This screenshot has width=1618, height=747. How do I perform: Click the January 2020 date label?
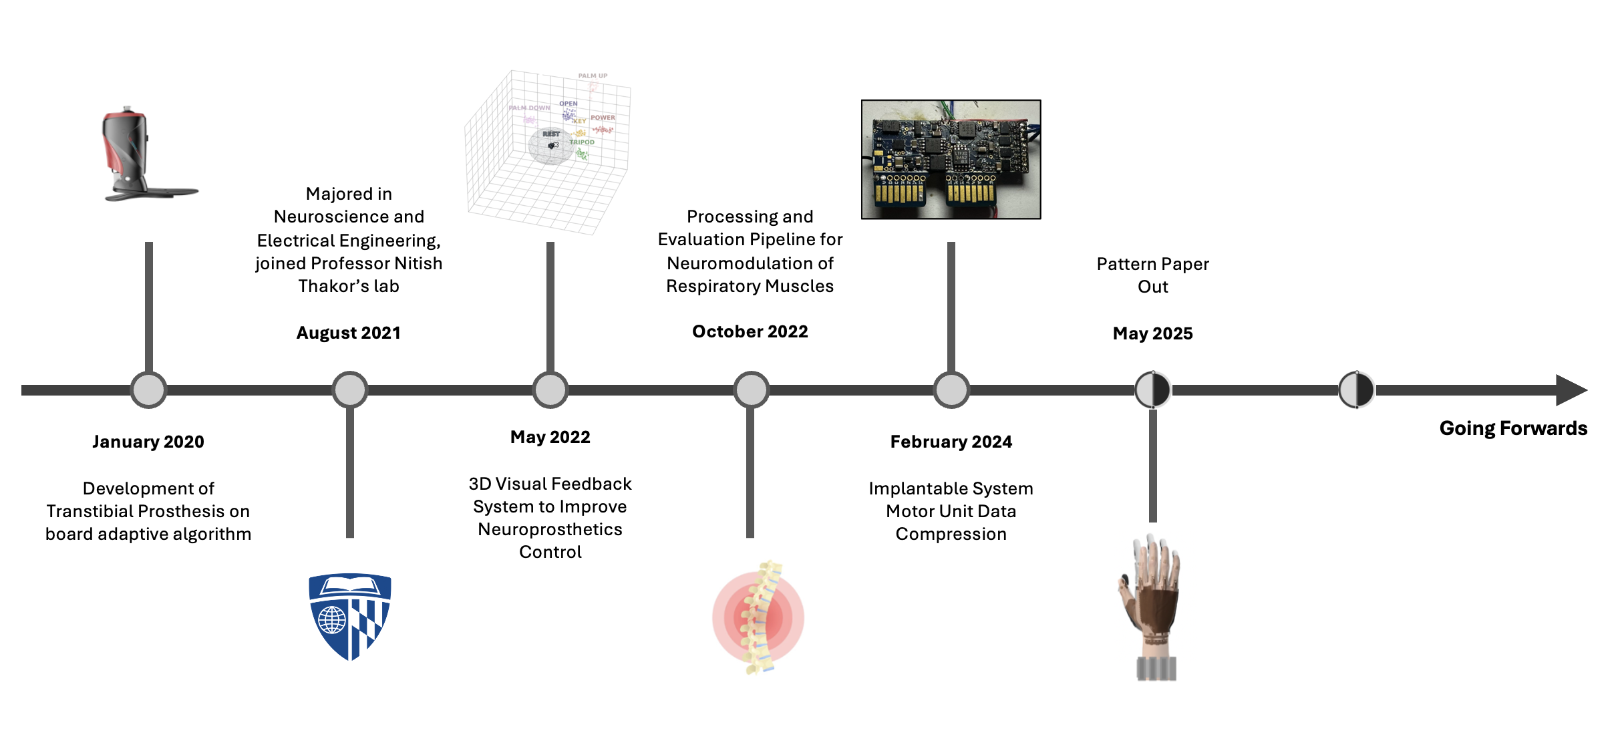point(148,442)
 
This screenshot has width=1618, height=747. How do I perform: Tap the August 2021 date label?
point(348,333)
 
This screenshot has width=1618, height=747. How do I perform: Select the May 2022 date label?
point(550,437)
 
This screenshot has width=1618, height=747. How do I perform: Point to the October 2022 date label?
point(750,331)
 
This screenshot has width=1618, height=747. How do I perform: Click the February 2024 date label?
point(951,442)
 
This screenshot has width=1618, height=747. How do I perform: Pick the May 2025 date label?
point(1152,333)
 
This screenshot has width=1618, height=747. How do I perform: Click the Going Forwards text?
point(1512,428)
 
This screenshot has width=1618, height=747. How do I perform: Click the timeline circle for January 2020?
point(148,390)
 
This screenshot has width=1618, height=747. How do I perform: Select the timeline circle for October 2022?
point(751,390)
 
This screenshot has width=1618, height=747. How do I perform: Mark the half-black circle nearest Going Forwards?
point(1356,390)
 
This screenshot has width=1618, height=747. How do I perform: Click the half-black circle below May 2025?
point(1152,390)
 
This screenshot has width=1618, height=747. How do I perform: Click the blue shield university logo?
point(349,616)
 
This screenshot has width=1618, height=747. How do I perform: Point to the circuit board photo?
point(951,159)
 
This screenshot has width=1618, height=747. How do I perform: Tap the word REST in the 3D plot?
point(550,134)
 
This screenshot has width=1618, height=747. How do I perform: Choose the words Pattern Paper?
point(1152,264)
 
